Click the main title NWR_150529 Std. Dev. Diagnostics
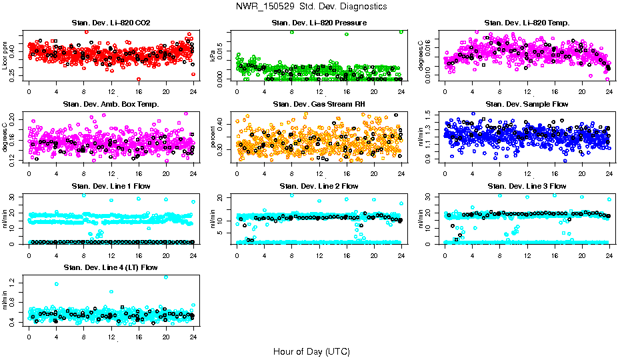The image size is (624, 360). pyautogui.click(x=311, y=6)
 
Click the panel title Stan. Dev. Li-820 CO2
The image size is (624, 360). pyautogui.click(x=111, y=23)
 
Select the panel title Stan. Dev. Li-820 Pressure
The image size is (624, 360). pyautogui.click(x=319, y=23)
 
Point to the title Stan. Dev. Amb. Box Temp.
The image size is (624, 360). pyautogui.click(x=111, y=105)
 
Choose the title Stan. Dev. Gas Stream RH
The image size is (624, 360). pyautogui.click(x=319, y=105)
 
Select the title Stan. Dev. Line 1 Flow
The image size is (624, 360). pyautogui.click(x=111, y=186)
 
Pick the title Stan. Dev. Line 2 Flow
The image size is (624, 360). pyautogui.click(x=319, y=186)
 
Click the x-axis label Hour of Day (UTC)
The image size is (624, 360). pyautogui.click(x=311, y=351)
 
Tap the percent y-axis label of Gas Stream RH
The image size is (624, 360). pyautogui.click(x=213, y=137)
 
